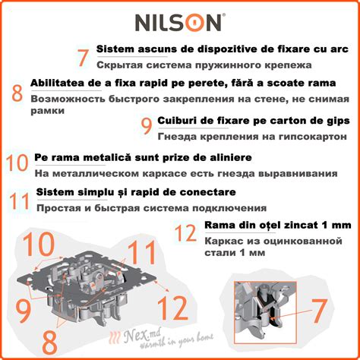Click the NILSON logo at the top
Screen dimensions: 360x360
180,22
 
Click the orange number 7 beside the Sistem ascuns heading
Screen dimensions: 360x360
83,58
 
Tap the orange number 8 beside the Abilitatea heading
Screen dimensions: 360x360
17,93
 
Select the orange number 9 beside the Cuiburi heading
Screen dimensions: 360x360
147,126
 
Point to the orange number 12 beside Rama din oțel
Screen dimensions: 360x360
185,232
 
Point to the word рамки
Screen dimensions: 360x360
48,111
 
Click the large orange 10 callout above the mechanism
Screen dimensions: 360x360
39,244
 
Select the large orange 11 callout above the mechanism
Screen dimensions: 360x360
141,252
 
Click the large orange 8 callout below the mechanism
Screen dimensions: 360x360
49,343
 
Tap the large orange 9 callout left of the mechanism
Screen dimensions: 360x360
24,311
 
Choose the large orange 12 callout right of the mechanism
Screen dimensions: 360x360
173,308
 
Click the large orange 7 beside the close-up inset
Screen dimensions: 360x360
320,311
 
